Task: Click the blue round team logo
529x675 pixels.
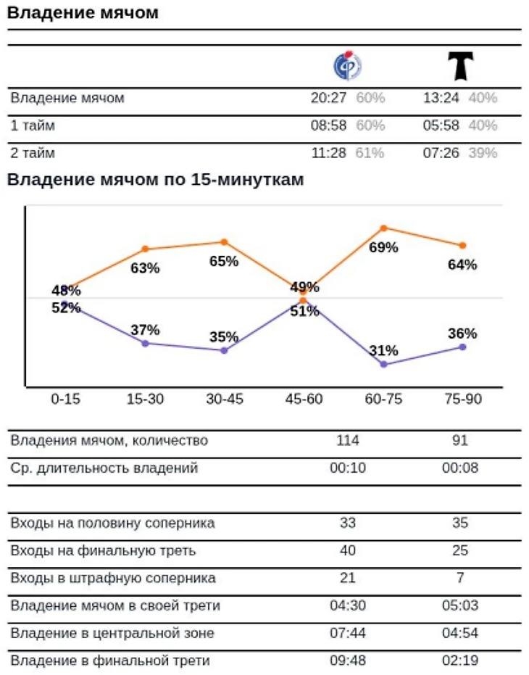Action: point(347,66)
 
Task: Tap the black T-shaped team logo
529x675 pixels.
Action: point(460,66)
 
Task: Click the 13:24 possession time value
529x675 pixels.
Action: point(441,99)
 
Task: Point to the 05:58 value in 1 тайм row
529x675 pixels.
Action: point(441,125)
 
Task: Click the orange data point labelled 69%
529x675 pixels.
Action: point(383,228)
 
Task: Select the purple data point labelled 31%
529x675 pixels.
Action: point(383,364)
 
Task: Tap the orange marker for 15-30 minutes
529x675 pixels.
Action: point(145,249)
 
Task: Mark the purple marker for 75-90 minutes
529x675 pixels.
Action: point(462,347)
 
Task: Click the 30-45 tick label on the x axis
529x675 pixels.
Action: point(225,399)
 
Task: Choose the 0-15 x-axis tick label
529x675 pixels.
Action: point(65,399)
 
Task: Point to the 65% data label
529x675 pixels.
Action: point(224,262)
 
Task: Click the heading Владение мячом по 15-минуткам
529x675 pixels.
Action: point(155,180)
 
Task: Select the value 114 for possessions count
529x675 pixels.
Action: point(348,440)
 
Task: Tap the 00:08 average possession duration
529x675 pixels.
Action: point(460,468)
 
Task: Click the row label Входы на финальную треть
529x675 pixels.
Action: point(103,551)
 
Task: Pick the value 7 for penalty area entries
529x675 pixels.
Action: point(460,578)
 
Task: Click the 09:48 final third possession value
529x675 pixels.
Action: point(348,660)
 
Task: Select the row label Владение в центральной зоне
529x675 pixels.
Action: point(112,633)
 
